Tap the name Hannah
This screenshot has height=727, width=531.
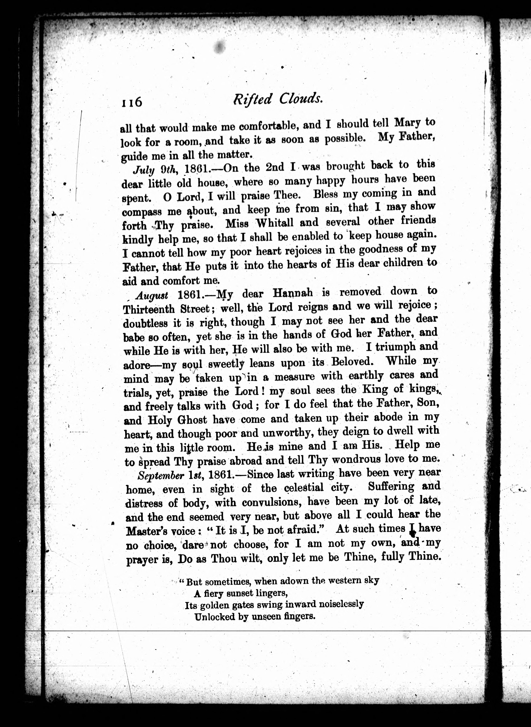pos(292,293)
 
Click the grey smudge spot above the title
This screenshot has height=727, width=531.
pos(220,47)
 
